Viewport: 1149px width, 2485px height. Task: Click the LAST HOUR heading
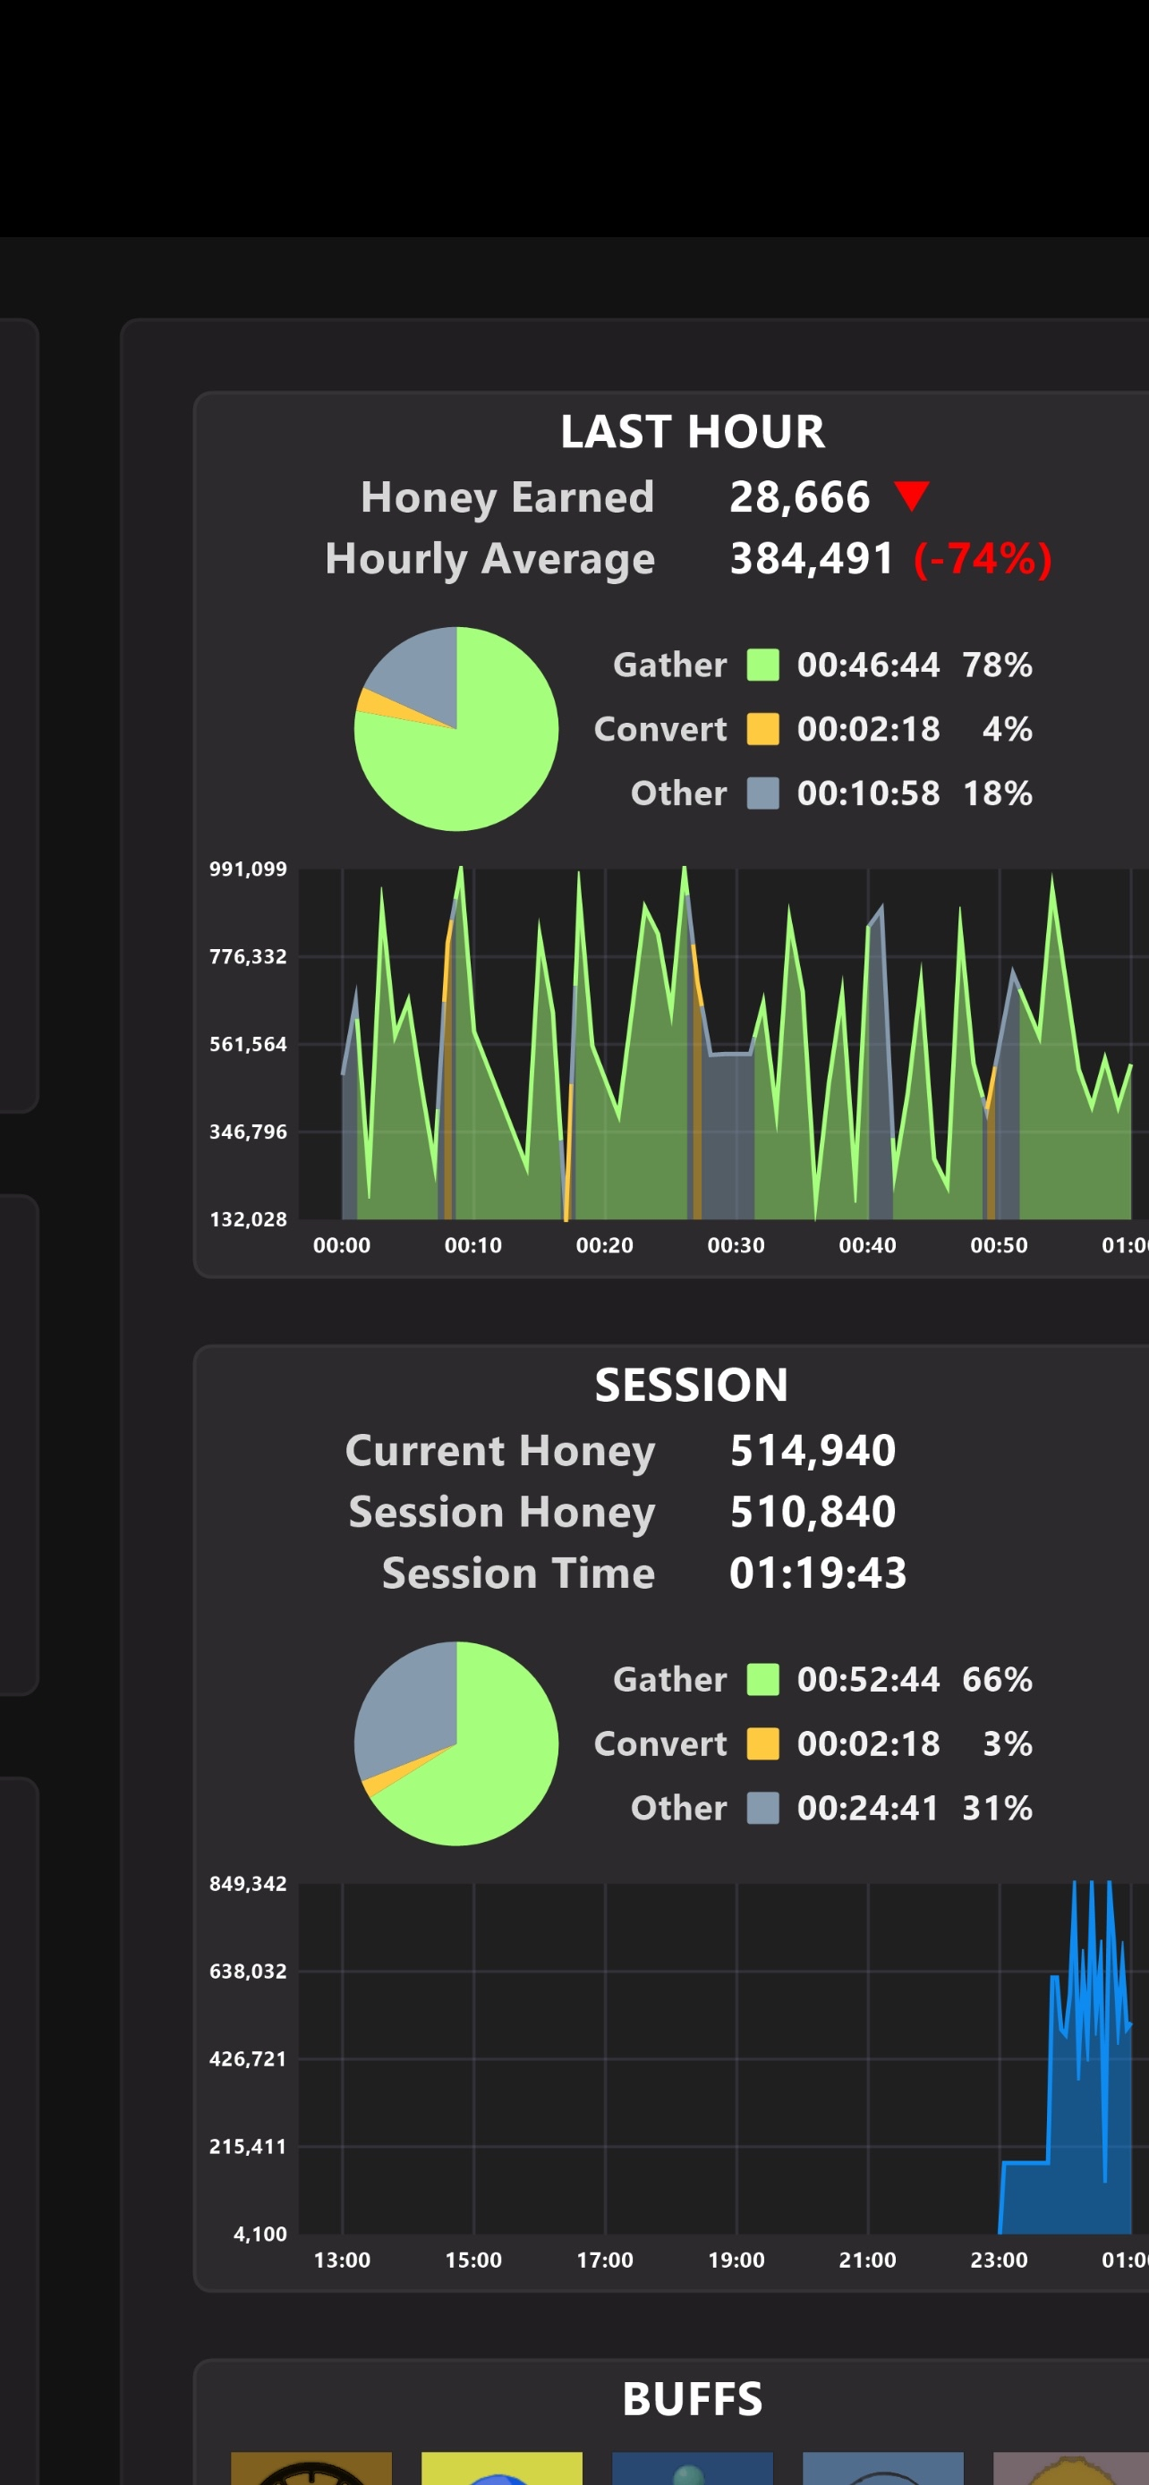pos(692,431)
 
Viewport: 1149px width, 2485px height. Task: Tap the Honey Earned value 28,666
pos(799,496)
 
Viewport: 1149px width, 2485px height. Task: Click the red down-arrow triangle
pos(911,495)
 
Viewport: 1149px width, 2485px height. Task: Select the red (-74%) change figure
pos(982,558)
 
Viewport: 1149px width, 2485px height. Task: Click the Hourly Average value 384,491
pos(812,558)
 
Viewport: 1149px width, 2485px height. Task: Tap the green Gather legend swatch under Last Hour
pos(762,665)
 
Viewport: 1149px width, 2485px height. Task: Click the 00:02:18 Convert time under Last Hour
pos(867,729)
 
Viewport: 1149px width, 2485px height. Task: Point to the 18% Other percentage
pos(997,793)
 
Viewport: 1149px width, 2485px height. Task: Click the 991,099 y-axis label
pos(248,869)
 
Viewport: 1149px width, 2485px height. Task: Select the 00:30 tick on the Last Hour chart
pos(736,1245)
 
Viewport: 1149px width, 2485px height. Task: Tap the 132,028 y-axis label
pos(248,1219)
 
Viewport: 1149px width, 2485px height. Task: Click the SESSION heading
pos(691,1386)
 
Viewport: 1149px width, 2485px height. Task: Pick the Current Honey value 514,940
pos(813,1451)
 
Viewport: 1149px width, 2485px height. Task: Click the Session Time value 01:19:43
pos(817,1573)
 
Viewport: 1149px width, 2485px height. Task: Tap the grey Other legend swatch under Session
pos(762,1808)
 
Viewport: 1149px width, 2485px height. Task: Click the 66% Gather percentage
pos(997,1680)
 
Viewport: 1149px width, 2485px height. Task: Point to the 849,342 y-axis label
pos(248,1884)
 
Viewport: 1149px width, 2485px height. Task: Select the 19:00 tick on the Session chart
pos(736,2260)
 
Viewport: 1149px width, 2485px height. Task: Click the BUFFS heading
pos(692,2399)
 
